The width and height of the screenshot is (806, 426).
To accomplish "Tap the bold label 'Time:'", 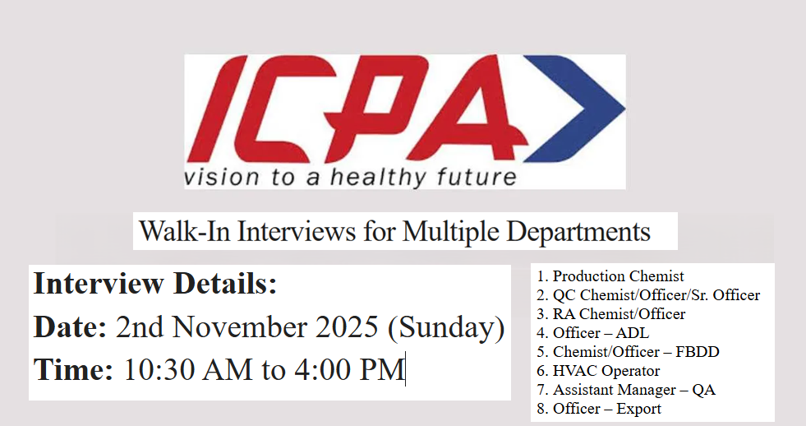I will click(73, 370).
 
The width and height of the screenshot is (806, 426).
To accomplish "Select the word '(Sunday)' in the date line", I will click(446, 328).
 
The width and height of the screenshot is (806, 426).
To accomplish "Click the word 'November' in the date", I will click(239, 328).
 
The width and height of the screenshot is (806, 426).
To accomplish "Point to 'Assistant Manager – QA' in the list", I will click(633, 390).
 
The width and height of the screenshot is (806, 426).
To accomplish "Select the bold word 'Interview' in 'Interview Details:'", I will click(98, 285).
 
